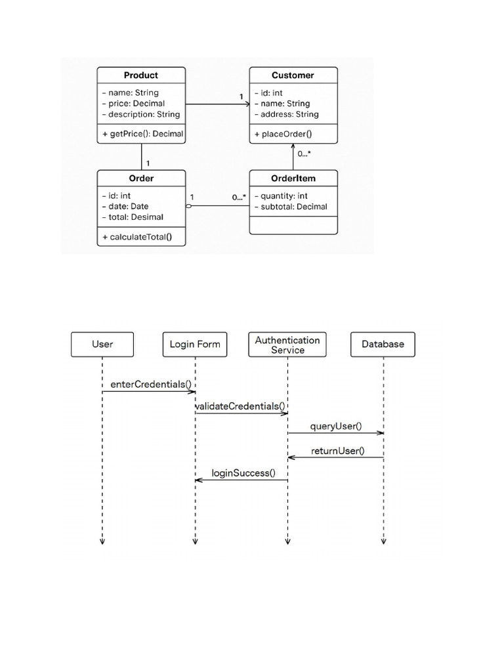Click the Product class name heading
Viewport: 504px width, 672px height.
141,75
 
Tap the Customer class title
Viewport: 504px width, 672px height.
293,75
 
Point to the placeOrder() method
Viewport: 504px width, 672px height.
283,134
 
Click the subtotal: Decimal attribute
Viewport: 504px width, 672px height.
291,207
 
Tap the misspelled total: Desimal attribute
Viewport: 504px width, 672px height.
133,217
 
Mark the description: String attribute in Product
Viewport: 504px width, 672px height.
141,114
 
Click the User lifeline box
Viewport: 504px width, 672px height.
102,344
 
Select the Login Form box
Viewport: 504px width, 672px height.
195,344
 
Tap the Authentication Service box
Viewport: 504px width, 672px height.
287,345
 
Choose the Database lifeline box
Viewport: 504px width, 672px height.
383,344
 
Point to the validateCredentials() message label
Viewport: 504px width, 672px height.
240,406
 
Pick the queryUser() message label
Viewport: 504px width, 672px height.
336,427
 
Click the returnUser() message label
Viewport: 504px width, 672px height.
337,451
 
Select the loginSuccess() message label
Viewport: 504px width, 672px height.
243,473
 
